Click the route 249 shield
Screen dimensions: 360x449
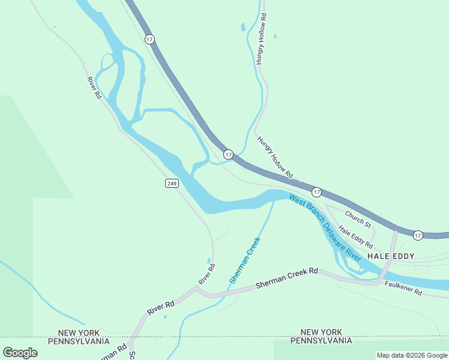coord(172,182)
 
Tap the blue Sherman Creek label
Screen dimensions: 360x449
coord(245,260)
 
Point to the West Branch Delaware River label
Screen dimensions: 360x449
coord(324,227)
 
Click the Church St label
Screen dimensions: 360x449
coord(358,218)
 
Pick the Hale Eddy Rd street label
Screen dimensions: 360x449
coord(355,237)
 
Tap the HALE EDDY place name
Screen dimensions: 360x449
coord(391,256)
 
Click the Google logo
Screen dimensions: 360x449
coord(20,352)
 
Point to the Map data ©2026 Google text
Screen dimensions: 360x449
coord(412,355)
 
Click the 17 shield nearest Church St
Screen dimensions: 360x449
coord(316,191)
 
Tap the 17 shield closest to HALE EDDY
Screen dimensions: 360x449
coord(418,235)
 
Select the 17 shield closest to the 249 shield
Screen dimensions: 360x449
coord(228,155)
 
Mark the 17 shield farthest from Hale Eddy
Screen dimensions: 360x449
coord(149,39)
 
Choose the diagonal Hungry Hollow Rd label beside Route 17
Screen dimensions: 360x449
coord(275,157)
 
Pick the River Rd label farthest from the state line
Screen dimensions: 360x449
coord(94,88)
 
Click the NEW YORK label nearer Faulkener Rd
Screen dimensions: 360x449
coord(321,332)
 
